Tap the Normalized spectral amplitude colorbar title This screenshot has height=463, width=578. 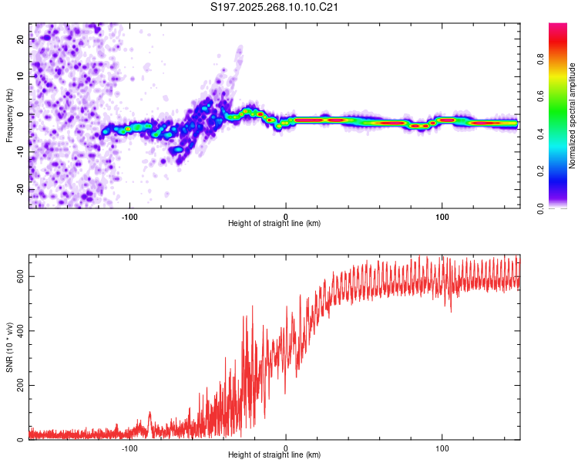click(x=572, y=116)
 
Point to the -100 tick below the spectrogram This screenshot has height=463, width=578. click(x=129, y=215)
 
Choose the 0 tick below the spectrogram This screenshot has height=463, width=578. click(x=286, y=215)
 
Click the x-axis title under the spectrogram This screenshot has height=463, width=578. click(x=274, y=224)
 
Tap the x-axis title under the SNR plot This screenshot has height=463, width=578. click(x=274, y=456)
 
